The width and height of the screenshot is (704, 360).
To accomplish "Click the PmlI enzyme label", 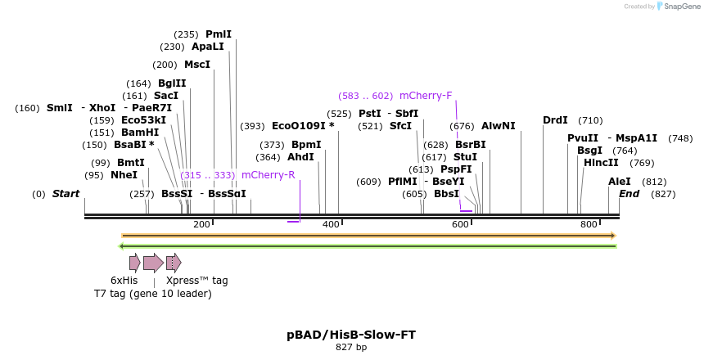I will (x=219, y=34).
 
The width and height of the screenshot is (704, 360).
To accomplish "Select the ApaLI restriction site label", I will (x=207, y=47).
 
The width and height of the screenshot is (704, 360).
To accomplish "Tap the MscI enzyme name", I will (x=197, y=65).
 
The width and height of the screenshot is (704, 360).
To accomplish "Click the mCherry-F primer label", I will (x=426, y=96).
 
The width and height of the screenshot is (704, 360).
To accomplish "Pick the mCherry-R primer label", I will (x=268, y=175).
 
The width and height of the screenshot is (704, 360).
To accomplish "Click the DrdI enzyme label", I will (x=555, y=120).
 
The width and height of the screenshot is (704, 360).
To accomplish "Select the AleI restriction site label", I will (x=620, y=182).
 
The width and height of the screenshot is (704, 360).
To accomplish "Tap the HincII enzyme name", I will (x=601, y=163).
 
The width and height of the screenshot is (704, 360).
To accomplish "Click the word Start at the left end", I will (x=65, y=194).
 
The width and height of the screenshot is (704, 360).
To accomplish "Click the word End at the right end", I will (x=629, y=194).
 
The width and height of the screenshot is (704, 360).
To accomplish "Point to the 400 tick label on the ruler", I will (x=331, y=224).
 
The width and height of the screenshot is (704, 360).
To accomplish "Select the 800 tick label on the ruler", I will (x=588, y=224).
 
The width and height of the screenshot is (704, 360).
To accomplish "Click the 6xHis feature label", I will (x=124, y=281).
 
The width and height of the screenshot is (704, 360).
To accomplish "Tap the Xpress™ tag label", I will (x=196, y=281).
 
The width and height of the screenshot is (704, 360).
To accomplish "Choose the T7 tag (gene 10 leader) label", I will (x=152, y=294).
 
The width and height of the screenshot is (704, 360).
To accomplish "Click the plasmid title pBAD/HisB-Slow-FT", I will (x=351, y=335).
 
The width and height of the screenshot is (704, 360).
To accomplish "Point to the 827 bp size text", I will (x=351, y=348).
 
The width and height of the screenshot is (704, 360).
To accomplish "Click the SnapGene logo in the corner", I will (x=675, y=7).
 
